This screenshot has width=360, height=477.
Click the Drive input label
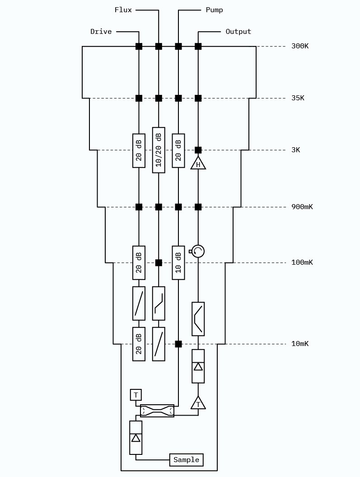101,32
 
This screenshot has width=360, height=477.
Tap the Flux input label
123,10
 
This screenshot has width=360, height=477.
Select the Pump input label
214,10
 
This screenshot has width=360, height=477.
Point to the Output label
238,32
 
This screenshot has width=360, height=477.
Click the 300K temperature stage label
300,46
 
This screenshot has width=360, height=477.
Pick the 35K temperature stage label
298,98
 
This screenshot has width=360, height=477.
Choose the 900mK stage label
302,207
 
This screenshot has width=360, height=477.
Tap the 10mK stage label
300,344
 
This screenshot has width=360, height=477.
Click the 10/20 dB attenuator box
159,150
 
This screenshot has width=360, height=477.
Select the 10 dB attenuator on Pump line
178,262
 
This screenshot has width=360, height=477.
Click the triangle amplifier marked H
198,164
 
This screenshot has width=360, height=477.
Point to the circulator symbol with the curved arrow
198,251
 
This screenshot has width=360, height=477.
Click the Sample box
186,460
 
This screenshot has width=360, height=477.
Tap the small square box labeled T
136,395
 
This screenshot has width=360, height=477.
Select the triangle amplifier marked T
198,403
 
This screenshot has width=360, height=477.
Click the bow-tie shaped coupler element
157,411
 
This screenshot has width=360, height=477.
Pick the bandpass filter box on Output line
198,319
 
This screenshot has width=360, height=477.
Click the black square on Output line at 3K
198,150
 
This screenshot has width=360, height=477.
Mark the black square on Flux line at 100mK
159,262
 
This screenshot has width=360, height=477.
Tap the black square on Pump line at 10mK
178,344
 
